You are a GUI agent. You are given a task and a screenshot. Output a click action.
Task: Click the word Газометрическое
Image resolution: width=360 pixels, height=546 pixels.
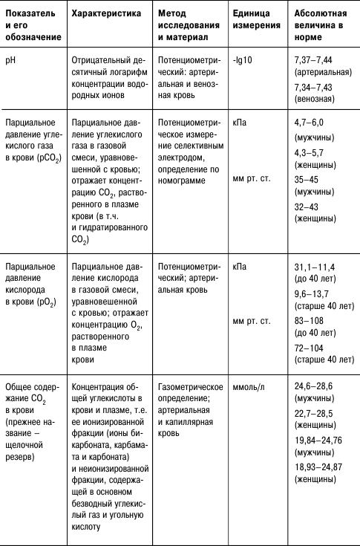191,387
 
